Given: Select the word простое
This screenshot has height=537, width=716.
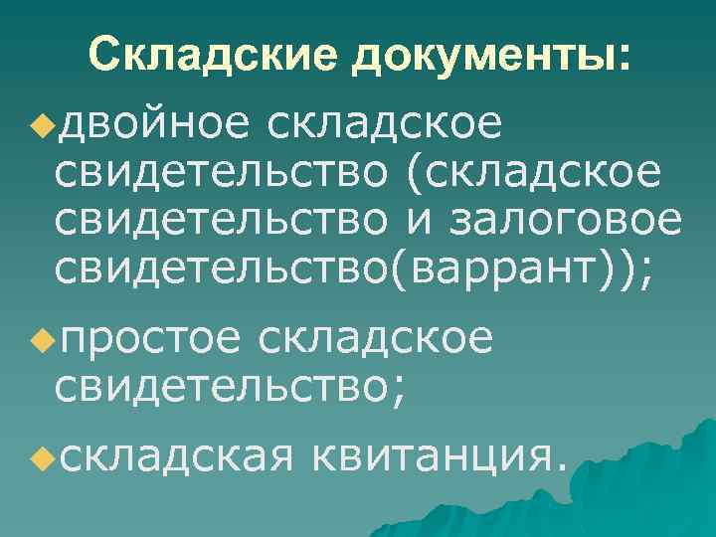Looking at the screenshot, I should tap(150, 339).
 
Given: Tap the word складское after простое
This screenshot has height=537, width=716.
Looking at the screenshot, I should tap(375, 339).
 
